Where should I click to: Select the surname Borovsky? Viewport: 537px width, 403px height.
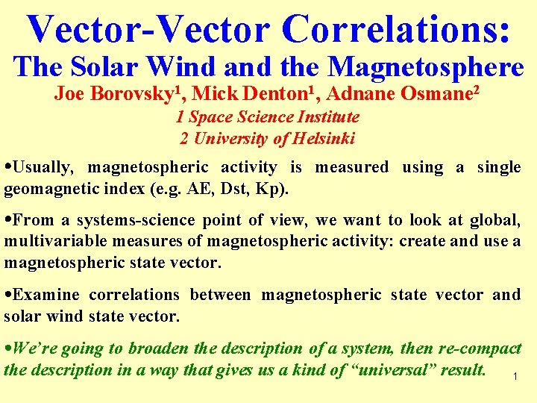pos(119,95)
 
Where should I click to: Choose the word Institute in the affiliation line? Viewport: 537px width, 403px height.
pos(328,117)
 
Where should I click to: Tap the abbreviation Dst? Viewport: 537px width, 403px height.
pos(237,188)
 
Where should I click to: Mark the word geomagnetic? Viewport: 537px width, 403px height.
pos(44,188)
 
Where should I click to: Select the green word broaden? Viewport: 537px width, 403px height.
pos(159,349)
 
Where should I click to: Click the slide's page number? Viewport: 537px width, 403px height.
pos(515,377)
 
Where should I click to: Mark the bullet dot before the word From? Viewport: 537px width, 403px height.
pos(7,221)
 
